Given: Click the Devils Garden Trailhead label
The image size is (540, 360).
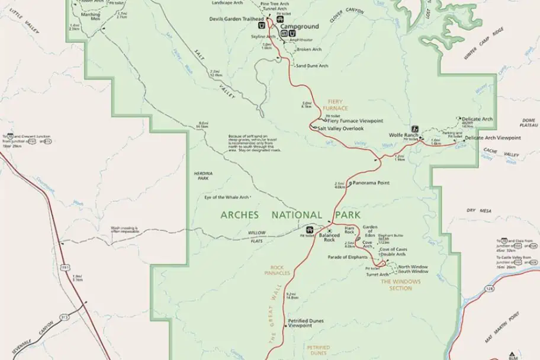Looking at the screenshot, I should [236, 19].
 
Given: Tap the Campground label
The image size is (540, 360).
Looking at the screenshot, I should [299, 27].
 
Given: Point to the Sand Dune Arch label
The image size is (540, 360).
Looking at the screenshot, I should [311, 66].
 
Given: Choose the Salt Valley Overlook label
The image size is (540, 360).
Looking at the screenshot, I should [340, 128].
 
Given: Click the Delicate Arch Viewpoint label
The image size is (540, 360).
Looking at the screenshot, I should [493, 138].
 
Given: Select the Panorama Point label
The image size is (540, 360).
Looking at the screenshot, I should [371, 183].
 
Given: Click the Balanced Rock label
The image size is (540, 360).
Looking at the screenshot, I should [329, 236].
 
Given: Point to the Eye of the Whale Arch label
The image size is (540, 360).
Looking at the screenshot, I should [226, 197].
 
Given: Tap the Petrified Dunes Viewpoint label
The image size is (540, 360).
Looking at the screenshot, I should [300, 323].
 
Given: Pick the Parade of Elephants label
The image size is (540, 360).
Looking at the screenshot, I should [347, 257].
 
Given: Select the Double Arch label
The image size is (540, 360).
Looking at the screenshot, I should [393, 255].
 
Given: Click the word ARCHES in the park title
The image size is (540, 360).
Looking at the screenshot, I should [240, 215].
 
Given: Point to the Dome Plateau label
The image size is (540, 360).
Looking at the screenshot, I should [529, 123].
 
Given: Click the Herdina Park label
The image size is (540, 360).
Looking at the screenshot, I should [202, 176].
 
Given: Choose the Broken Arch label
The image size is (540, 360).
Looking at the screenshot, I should [309, 49].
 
